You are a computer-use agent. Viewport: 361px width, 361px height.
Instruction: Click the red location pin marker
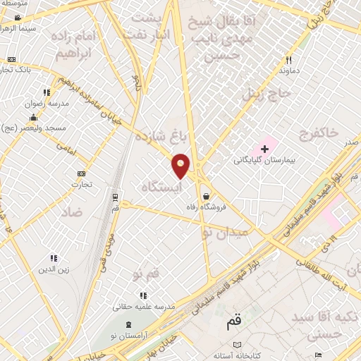(x=181, y=165)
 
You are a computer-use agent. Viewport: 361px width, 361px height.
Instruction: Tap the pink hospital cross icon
(x=265, y=149)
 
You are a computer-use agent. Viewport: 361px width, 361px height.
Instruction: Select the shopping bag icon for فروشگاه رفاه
(x=205, y=197)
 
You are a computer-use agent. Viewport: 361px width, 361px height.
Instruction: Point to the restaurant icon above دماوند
(x=288, y=61)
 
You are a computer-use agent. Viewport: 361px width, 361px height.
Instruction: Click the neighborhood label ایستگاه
(x=161, y=187)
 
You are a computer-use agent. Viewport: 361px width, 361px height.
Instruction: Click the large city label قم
(x=233, y=324)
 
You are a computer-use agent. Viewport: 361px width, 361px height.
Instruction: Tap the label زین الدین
(x=54, y=270)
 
